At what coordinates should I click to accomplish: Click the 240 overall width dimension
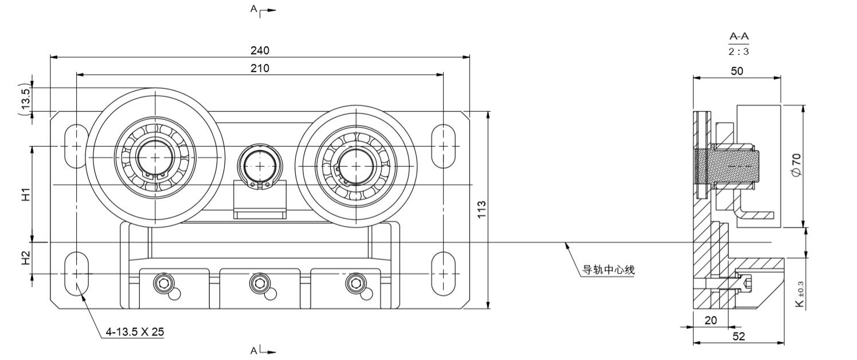click(x=259, y=50)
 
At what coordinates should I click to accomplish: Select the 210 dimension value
click(x=259, y=68)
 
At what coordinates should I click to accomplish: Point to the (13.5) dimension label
click(x=26, y=99)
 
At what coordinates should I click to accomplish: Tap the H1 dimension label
click(x=26, y=194)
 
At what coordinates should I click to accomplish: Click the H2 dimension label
click(x=26, y=259)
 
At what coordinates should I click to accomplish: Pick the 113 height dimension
click(x=482, y=209)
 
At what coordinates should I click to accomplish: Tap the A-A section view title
click(x=739, y=37)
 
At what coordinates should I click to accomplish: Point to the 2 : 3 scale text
click(x=739, y=51)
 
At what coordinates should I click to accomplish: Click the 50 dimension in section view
click(x=737, y=71)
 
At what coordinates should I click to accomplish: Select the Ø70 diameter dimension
click(x=796, y=165)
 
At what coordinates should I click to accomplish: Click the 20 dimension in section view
click(x=710, y=320)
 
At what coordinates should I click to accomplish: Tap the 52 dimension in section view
click(x=739, y=336)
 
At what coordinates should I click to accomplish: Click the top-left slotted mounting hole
click(x=76, y=146)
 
